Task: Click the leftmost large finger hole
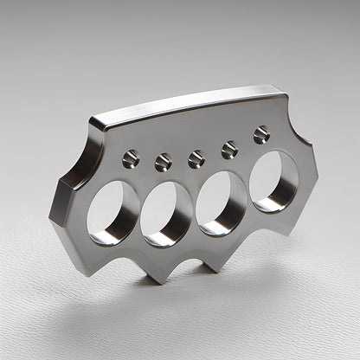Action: [112, 212]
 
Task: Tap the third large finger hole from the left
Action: [221, 202]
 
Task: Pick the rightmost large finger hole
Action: [273, 181]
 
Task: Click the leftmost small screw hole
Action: [131, 158]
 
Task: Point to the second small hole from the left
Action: [163, 161]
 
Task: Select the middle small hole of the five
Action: [196, 158]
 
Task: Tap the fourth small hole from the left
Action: [229, 150]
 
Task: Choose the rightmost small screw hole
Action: [261, 134]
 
